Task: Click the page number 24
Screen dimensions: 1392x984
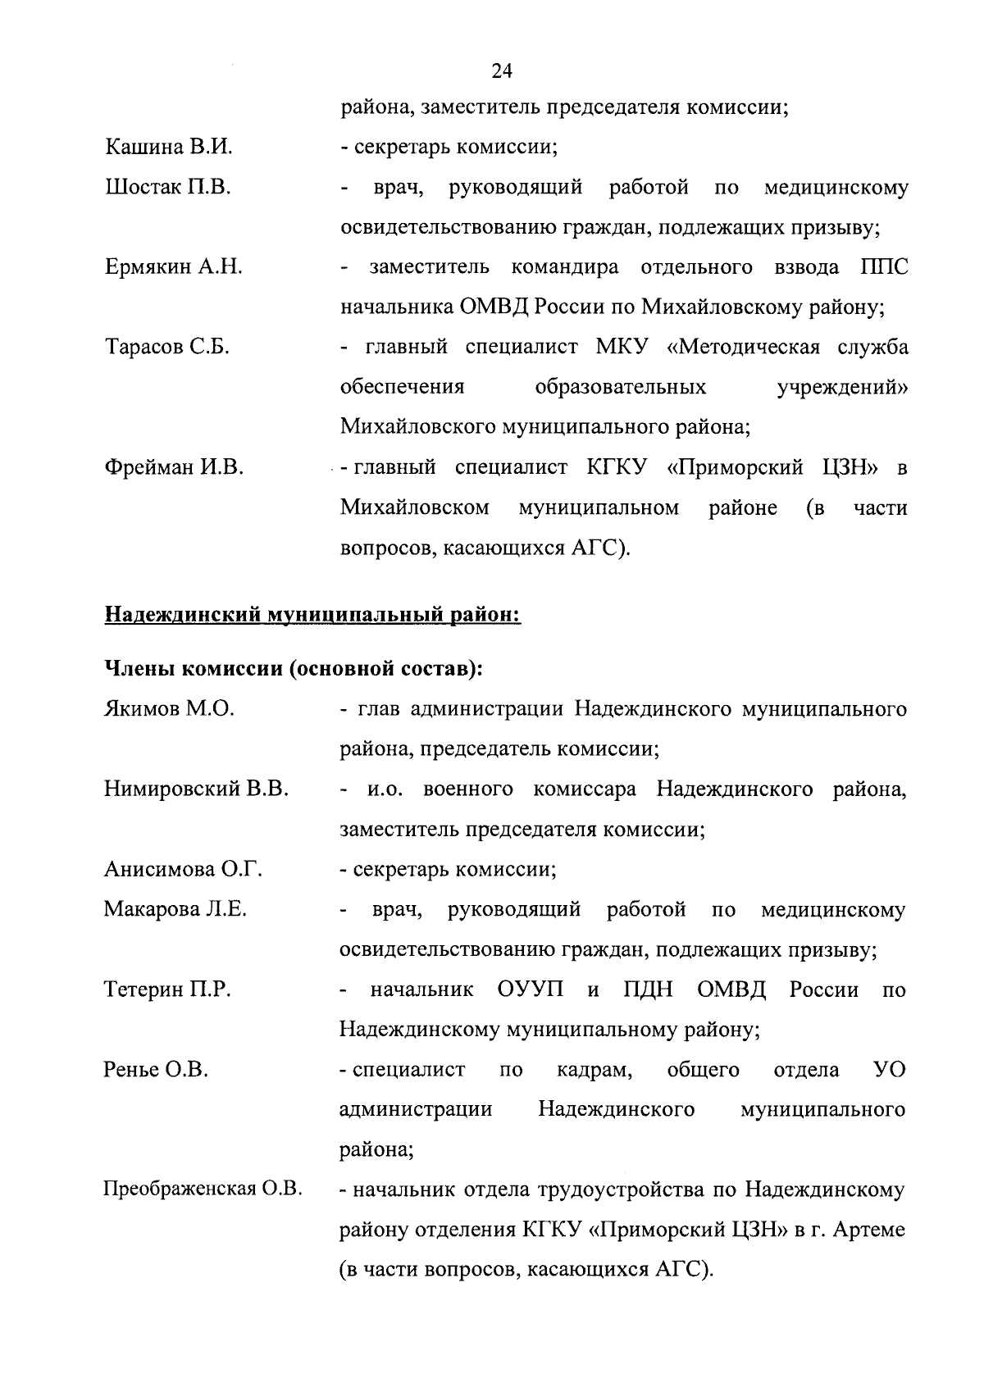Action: click(x=502, y=71)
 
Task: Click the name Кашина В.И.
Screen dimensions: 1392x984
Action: click(x=169, y=148)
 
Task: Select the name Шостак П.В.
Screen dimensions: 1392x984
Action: click(x=168, y=188)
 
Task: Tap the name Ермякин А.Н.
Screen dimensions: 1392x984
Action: click(x=174, y=267)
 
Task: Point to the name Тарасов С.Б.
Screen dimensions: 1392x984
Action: click(x=167, y=348)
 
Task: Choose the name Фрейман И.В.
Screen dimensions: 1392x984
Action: click(x=174, y=468)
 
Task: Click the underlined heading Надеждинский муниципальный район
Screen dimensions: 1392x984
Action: click(x=312, y=614)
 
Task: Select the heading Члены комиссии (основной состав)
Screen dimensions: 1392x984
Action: click(x=293, y=669)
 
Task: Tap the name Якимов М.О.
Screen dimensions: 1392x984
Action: click(x=169, y=709)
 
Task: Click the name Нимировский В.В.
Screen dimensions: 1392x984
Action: click(x=196, y=789)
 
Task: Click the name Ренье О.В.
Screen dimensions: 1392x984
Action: click(x=156, y=1070)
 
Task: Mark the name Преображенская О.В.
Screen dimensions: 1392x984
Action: click(x=203, y=1190)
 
